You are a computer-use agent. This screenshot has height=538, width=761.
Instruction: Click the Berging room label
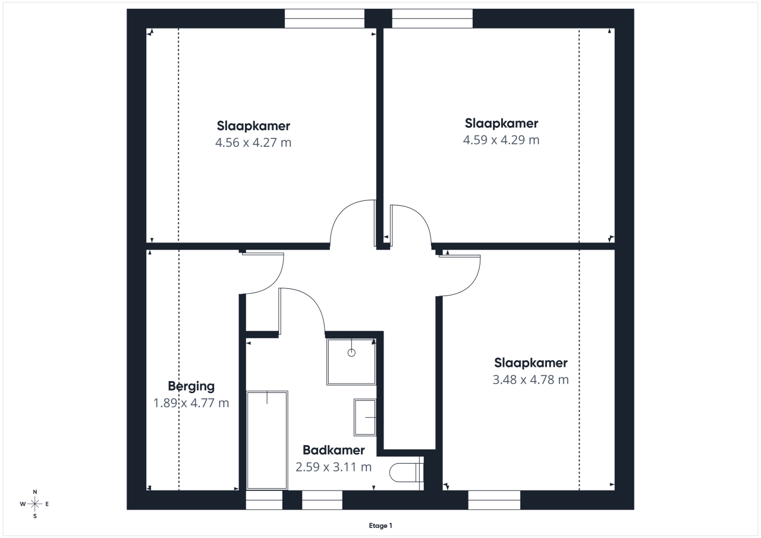(x=191, y=386)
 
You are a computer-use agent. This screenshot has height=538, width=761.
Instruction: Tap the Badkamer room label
(x=334, y=450)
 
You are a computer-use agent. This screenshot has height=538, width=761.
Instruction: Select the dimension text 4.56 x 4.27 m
(x=253, y=142)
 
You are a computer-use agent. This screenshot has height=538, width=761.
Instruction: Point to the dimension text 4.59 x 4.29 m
(x=501, y=140)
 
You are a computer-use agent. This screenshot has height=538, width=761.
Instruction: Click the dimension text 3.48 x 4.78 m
(x=531, y=379)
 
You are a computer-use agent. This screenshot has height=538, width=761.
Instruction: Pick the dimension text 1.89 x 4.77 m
(x=191, y=403)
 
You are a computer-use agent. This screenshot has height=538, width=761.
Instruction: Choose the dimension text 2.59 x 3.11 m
(x=334, y=467)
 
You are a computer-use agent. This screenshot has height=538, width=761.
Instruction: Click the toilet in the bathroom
(x=406, y=473)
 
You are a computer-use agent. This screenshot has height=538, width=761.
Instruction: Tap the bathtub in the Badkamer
(x=267, y=441)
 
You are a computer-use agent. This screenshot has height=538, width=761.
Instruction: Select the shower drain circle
(x=351, y=353)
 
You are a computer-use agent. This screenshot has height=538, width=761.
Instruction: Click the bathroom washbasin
(x=365, y=417)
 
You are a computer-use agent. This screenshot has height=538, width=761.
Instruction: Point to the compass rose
(x=34, y=504)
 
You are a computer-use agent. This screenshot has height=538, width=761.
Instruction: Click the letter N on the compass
(x=34, y=492)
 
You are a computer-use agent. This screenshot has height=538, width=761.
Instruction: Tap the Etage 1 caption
(x=380, y=526)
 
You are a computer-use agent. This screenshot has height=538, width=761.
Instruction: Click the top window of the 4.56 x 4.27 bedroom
(x=325, y=18)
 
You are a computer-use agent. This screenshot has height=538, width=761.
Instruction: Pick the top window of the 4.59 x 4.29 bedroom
(x=432, y=18)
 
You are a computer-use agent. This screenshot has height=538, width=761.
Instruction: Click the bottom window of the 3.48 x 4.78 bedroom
(x=494, y=500)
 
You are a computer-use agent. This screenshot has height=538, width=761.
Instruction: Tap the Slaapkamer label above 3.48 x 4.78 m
(x=531, y=363)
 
